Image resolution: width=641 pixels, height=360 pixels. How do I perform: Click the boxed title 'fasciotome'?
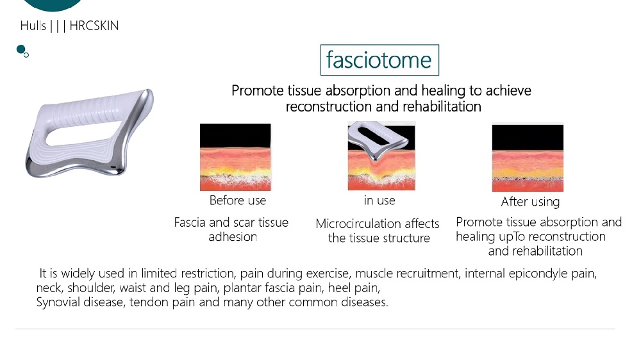click(x=379, y=60)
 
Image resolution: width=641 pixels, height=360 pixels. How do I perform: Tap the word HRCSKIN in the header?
click(x=94, y=26)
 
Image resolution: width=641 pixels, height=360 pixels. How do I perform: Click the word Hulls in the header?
click(x=33, y=26)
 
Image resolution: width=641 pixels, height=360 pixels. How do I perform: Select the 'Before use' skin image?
click(x=235, y=157)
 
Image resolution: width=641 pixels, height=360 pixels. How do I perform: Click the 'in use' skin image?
click(x=381, y=156)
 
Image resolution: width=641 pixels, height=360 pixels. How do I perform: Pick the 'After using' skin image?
click(x=528, y=158)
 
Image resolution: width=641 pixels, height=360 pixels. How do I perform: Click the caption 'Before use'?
click(x=238, y=200)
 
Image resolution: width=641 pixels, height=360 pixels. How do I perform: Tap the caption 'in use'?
click(x=379, y=200)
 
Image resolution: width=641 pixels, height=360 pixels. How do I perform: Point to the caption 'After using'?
click(x=530, y=201)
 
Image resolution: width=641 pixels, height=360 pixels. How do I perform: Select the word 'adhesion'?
click(x=233, y=236)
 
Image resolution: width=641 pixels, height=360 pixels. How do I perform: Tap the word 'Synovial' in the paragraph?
click(x=58, y=302)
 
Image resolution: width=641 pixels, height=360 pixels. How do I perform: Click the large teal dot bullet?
click(x=21, y=49)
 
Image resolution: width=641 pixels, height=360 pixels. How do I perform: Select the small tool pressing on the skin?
click(x=378, y=140)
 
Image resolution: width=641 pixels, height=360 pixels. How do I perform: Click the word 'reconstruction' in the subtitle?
click(x=329, y=106)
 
